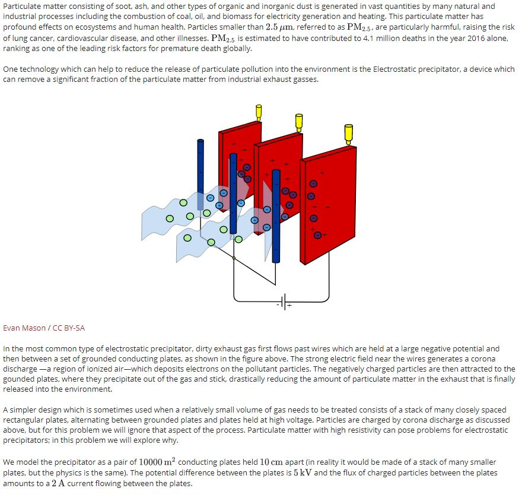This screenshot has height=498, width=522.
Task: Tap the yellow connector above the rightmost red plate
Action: click(x=348, y=133)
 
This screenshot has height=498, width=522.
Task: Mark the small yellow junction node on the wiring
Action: click(x=234, y=258)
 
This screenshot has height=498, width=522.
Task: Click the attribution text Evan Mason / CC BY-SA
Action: click(x=40, y=328)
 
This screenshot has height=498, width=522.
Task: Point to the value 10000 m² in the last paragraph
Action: click(x=157, y=462)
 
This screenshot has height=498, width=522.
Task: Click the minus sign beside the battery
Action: click(x=277, y=304)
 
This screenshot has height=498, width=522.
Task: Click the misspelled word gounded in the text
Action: click(x=20, y=379)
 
